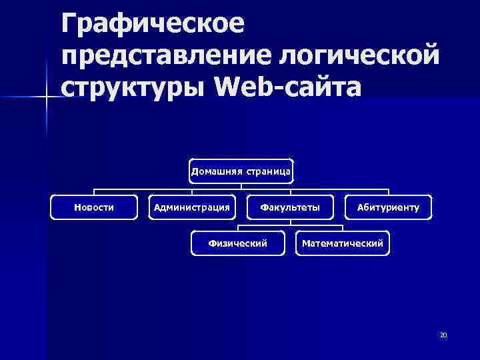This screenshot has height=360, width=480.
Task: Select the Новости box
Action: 94,207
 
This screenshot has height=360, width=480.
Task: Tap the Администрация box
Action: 192,207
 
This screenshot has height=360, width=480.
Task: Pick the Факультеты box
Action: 290,207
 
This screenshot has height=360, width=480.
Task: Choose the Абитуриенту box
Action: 388,207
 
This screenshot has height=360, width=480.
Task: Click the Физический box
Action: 238,243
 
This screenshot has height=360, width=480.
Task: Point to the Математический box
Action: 343,243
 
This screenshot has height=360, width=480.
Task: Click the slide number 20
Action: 443,335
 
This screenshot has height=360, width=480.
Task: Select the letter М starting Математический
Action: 305,243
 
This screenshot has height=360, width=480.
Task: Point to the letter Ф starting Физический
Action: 212,243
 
